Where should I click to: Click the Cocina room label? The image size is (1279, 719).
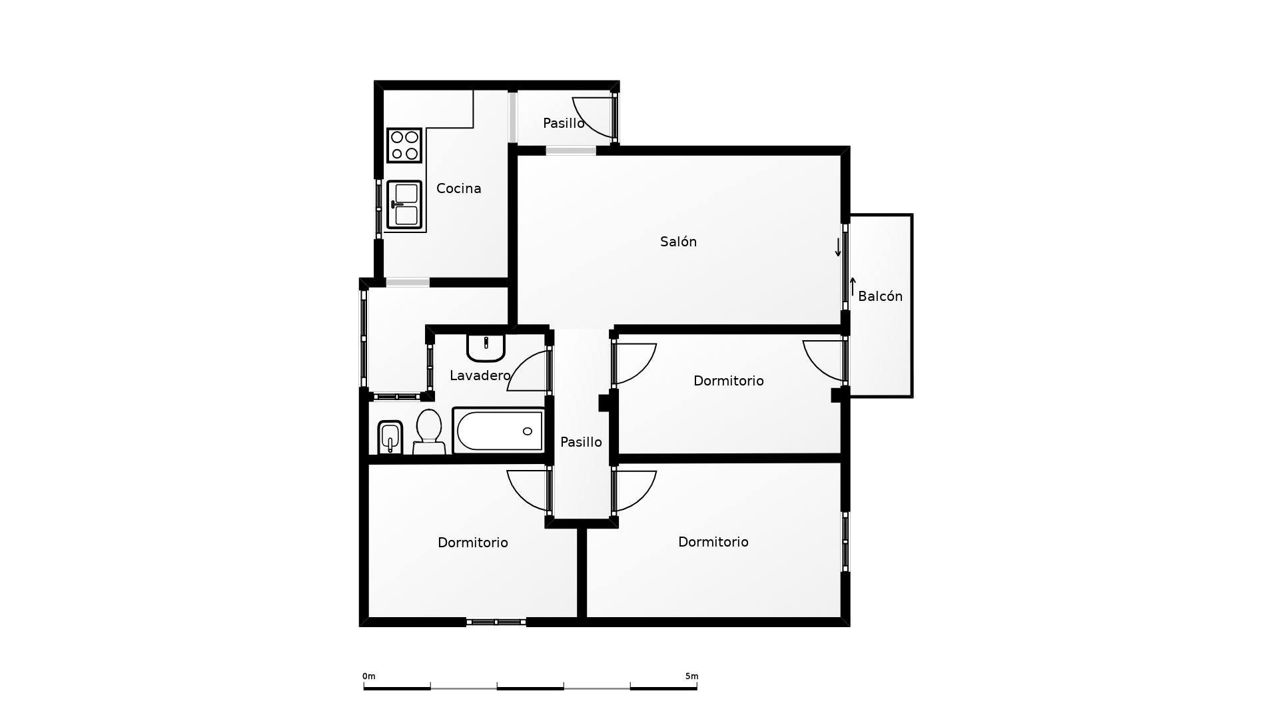tap(458, 188)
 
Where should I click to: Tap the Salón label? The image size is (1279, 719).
tap(678, 242)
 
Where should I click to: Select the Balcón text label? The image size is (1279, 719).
tap(880, 296)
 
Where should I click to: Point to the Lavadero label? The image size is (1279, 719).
tap(480, 375)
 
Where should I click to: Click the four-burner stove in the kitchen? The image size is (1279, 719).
tap(404, 145)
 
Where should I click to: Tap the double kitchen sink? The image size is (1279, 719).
tap(404, 205)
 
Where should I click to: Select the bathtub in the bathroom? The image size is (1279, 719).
tap(499, 431)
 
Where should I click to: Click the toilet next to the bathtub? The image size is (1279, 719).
tap(429, 432)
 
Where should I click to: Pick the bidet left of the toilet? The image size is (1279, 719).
tap(390, 437)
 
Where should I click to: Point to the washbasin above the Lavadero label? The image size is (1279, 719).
tap(486, 347)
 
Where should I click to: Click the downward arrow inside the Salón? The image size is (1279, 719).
tap(838, 247)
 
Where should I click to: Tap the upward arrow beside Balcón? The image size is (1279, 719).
tap(853, 287)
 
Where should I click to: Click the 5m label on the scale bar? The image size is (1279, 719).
tap(691, 676)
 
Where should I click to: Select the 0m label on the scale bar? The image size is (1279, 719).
tap(369, 676)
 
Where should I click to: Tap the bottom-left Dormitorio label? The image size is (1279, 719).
tap(472, 543)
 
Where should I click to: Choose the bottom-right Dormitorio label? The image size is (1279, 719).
tap(713, 542)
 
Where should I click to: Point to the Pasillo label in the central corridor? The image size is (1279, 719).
tap(581, 442)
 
